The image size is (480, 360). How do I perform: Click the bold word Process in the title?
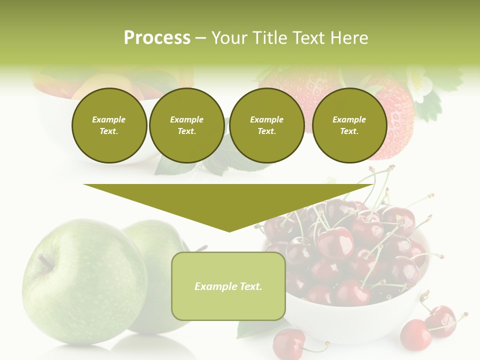[x=157, y=38]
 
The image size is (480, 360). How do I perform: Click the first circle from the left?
[x=109, y=125]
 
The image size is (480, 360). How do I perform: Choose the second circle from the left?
[x=186, y=125]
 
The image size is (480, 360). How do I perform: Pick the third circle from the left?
[x=266, y=125]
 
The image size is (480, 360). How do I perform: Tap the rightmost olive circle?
[x=349, y=125]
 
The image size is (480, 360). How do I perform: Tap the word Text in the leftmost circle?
[x=108, y=131]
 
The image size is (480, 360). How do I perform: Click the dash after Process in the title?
[x=200, y=38]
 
